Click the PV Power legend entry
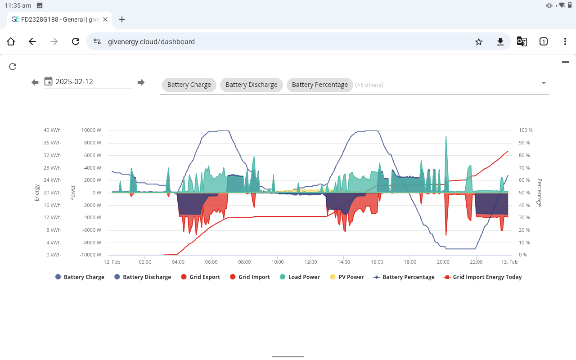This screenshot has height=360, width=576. coord(346,277)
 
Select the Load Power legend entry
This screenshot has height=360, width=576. coord(300,277)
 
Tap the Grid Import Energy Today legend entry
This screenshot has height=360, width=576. coord(483,277)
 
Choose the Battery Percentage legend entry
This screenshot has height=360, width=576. coord(404,277)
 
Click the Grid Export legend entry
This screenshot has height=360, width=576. coord(201,277)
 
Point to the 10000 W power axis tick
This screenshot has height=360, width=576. coord(91,130)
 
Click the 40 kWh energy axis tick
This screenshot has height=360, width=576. coord(52,130)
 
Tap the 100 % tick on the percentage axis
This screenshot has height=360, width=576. coord(526,130)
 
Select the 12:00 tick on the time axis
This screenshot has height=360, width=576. coord(310,262)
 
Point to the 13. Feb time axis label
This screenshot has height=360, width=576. coord(509,262)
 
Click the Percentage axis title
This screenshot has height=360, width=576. coord(539,193)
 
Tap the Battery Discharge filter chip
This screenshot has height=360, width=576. coord(252,85)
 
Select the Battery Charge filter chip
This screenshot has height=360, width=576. coord(189,85)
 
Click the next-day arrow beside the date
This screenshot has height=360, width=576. coord(141,82)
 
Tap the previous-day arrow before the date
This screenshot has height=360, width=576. coord(35,82)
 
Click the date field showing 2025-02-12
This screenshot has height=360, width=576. coord(88,82)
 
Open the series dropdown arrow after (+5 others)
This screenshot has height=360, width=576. coord(544,83)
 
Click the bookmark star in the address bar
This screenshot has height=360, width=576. coord(478,42)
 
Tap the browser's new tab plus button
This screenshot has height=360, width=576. coord(122,19)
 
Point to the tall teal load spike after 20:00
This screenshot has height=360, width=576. coord(446,165)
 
